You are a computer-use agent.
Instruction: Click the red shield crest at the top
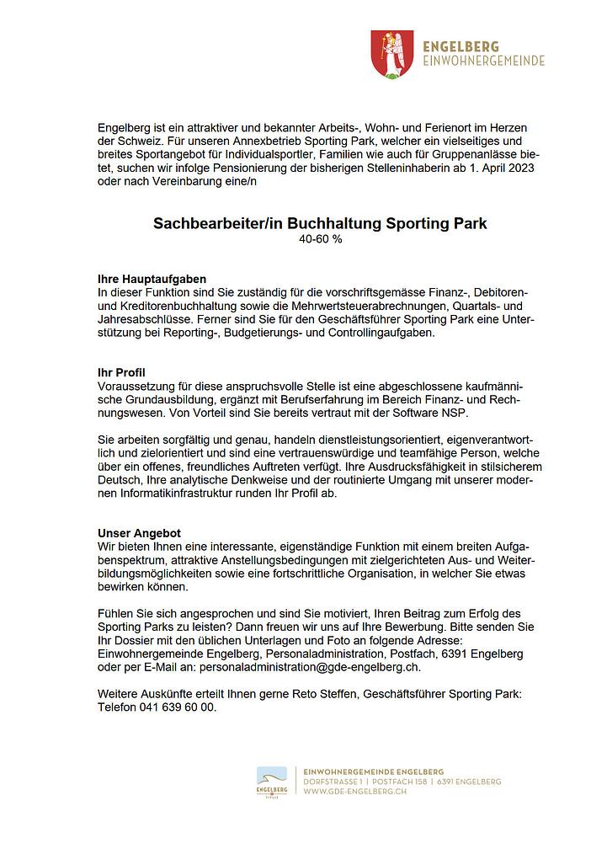pos(391,55)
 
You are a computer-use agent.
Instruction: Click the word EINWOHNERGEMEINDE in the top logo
pos(484,61)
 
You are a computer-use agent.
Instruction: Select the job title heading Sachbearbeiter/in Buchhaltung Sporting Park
pos(320,224)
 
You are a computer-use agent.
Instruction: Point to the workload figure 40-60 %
pos(320,239)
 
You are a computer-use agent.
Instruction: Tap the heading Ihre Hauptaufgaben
pos(152,279)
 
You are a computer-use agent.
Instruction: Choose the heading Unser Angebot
pos(140,534)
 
